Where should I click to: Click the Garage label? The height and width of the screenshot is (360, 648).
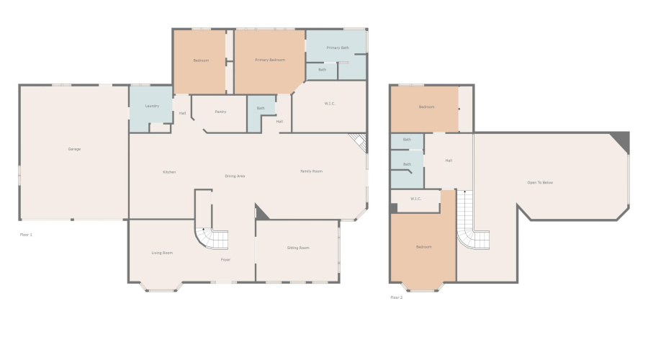pos(74,149)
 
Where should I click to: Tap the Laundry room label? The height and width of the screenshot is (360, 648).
pos(151,106)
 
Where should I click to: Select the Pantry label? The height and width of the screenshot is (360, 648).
pos(220,112)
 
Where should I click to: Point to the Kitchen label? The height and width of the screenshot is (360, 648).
pos(169,172)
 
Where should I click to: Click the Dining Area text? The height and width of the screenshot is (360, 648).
pos(235,176)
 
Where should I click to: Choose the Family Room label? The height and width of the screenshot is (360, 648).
pos(311,171)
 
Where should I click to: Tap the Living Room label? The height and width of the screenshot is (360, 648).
pos(162,253)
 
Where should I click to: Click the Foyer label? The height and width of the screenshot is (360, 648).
pos(225,259)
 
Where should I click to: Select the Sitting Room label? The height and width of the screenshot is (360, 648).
pos(298,248)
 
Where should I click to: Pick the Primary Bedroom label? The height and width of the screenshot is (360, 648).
pos(270,60)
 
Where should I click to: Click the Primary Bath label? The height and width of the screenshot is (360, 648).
pos(338,48)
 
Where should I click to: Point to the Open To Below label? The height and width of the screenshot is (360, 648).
pos(540,183)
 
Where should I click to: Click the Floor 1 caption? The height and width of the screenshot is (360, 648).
pos(26,235)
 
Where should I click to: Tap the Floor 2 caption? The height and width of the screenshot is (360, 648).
pos(397,297)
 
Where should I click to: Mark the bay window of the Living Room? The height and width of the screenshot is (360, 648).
pos(161,287)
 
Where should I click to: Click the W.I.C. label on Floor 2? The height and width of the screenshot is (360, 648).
pos(415,199)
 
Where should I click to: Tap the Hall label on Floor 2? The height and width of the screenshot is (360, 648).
pos(449,161)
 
